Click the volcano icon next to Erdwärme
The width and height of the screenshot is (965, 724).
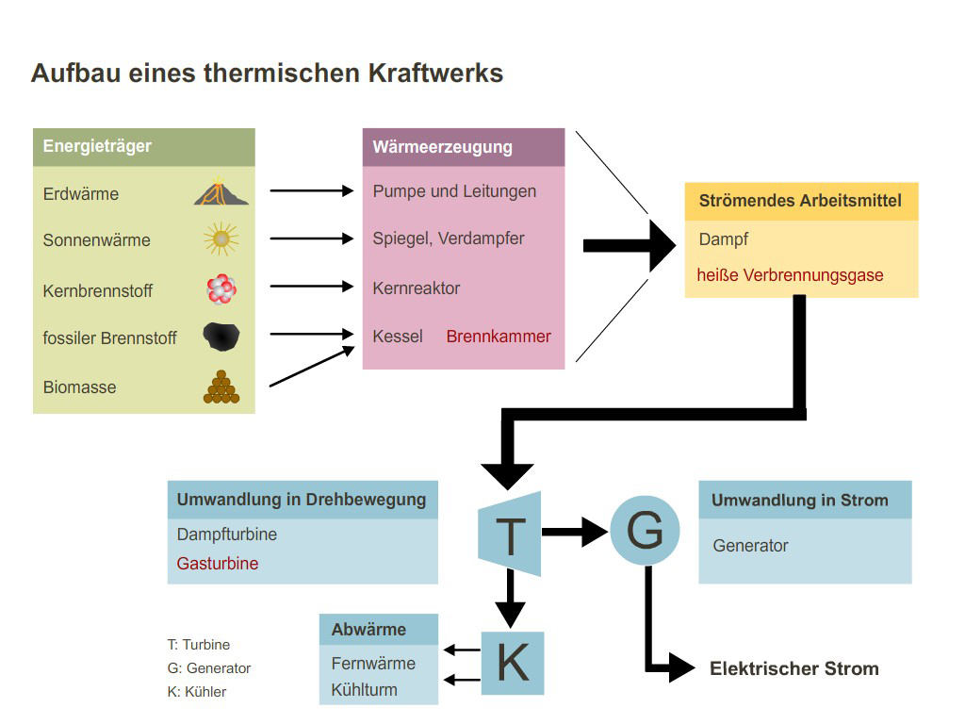click(221, 192)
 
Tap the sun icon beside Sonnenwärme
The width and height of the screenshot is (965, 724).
click(221, 239)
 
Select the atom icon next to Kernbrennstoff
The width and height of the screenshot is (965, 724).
click(221, 289)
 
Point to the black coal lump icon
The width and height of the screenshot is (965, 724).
click(221, 336)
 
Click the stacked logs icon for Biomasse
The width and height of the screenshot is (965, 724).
click(221, 387)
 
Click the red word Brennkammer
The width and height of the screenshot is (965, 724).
click(499, 337)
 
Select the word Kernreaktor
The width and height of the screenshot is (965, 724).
click(416, 288)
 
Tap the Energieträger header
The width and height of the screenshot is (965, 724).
click(97, 146)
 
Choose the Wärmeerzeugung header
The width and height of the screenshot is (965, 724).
click(442, 147)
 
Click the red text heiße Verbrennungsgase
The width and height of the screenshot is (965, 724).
click(790, 275)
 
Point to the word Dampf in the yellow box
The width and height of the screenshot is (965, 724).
click(723, 239)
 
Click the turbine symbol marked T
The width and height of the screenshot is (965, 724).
click(510, 535)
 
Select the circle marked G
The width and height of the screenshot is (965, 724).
click(645, 532)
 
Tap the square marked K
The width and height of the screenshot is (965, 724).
click(512, 663)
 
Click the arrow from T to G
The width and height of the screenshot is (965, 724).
click(575, 533)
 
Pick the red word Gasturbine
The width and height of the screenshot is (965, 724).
click(217, 564)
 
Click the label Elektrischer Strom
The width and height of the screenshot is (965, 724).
click(793, 669)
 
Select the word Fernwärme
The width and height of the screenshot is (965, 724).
click(373, 663)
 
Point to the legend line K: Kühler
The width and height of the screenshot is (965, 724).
click(197, 691)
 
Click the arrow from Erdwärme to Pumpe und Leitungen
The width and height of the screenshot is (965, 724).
click(311, 191)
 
